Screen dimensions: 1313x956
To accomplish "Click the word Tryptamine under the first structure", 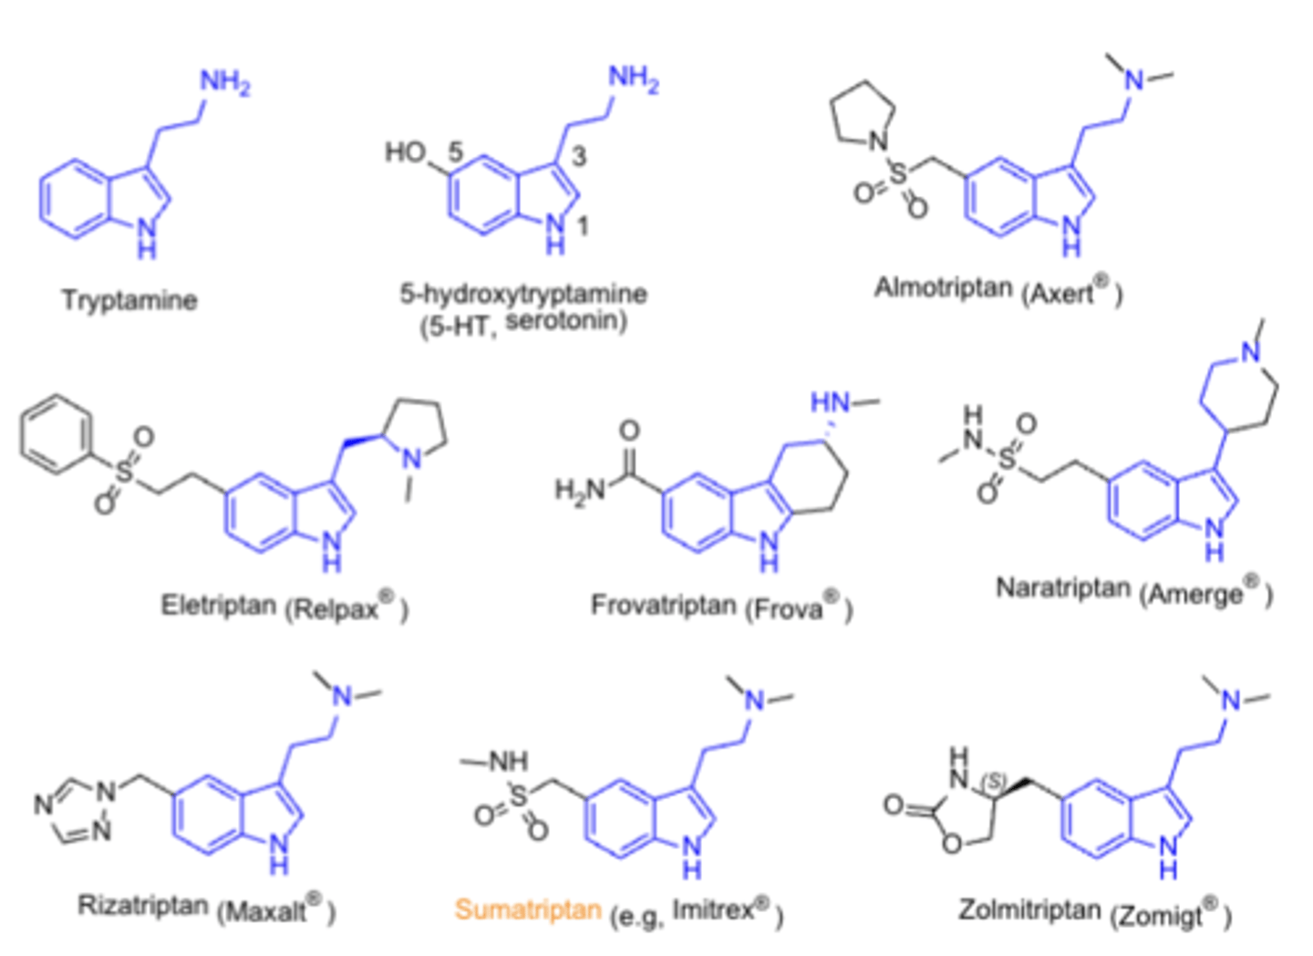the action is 129,300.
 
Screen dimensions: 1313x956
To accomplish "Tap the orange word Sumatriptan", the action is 527,909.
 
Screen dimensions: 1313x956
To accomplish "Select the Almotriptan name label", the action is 943,288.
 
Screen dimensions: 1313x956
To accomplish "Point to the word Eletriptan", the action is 218,605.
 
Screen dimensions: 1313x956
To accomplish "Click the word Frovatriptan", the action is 663,605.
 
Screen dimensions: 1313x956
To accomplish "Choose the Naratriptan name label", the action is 1062,588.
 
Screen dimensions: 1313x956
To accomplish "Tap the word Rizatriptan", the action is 143,906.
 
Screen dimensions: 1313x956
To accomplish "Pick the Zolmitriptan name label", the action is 1029,909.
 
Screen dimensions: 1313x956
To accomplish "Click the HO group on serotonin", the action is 406,151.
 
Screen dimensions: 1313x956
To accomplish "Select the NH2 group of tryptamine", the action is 224,83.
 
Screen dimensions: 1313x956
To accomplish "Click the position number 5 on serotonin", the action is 455,151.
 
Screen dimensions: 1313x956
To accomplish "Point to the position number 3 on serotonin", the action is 578,157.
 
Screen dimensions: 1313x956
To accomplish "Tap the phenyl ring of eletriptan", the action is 56,434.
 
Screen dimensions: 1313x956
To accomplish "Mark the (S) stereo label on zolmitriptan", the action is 992,783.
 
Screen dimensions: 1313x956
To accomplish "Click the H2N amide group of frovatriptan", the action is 580,490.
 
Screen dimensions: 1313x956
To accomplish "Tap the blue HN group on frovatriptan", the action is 830,402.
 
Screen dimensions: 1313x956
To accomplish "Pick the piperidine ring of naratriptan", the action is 1238,389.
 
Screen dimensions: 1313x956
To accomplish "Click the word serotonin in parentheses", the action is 565,321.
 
